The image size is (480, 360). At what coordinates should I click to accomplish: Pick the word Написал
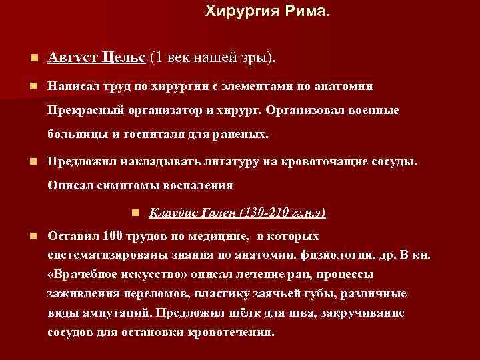point(73,86)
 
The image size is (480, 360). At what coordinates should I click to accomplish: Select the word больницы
point(74,134)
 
